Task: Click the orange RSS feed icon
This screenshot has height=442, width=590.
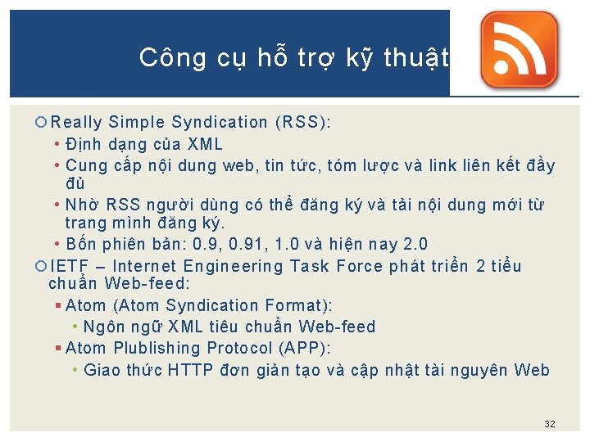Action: (519, 51)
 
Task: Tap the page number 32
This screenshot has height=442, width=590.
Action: (550, 424)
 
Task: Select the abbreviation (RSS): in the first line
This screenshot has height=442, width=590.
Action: (303, 123)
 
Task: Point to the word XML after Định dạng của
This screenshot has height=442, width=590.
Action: (205, 145)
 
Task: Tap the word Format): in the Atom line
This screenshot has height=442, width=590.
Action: (298, 305)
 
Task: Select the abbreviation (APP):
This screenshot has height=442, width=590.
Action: (303, 349)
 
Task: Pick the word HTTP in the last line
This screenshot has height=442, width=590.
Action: (190, 370)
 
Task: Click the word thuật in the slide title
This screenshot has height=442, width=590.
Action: (417, 57)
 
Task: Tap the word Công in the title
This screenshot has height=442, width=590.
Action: (161, 57)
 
